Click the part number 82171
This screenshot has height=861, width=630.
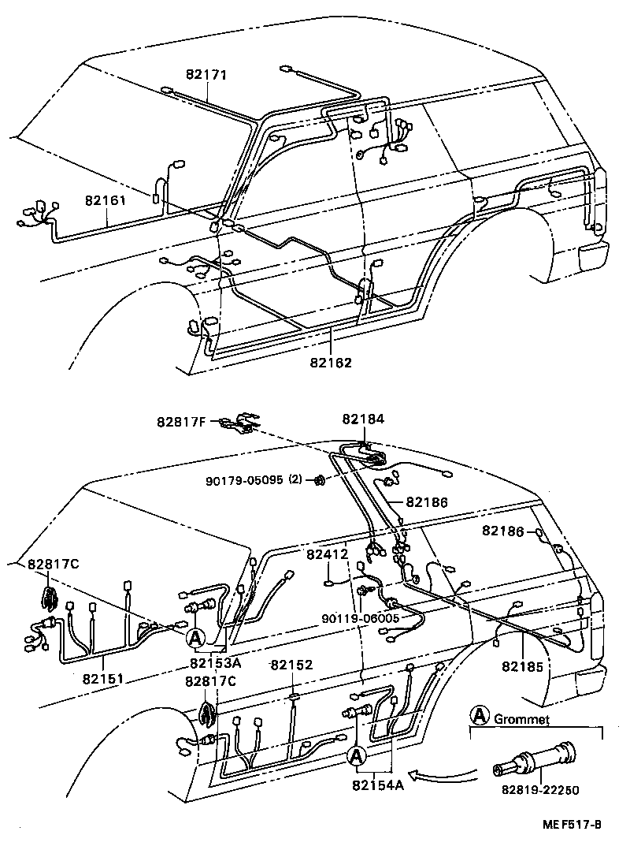(x=206, y=76)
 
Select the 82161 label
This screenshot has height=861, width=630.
(x=106, y=201)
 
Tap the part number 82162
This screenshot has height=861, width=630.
(x=331, y=363)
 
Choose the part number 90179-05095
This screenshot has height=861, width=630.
(x=238, y=479)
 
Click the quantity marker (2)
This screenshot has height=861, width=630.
(x=295, y=479)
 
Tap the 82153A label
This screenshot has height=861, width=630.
(x=215, y=663)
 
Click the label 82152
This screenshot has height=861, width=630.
(x=292, y=665)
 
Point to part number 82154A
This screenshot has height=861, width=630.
(x=378, y=785)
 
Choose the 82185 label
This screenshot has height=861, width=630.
(x=522, y=667)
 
